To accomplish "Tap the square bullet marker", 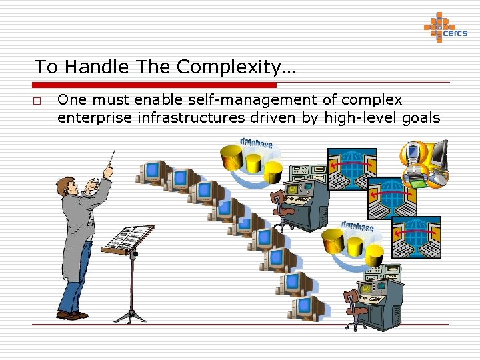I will tap(39, 101).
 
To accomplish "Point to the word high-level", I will tap(357, 118).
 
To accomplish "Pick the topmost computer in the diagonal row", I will tap(150, 172).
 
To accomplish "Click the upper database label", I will tap(256, 143).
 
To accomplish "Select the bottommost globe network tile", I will tap(415, 237).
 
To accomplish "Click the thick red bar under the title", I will tap(154, 85).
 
